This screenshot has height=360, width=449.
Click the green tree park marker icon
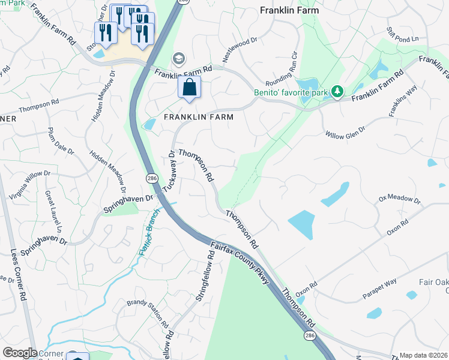pos(338,91)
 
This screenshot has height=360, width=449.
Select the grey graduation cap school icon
pos(178,58)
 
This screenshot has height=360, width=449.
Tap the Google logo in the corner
pos(20,353)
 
